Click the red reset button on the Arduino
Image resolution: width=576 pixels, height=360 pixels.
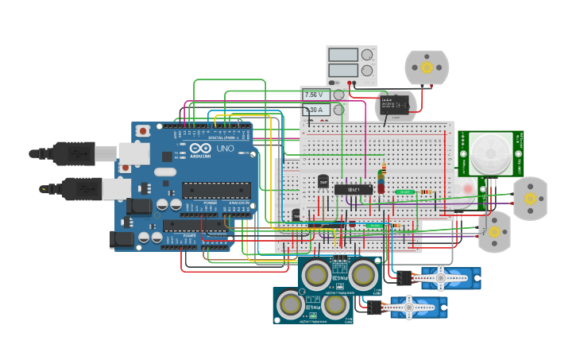pyautogui.click(x=143, y=131)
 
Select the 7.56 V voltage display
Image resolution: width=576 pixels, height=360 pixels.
pyautogui.click(x=315, y=95)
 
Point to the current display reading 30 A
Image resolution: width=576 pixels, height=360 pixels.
pyautogui.click(x=315, y=110)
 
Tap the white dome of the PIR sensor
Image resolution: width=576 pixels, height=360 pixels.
pyautogui.click(x=490, y=153)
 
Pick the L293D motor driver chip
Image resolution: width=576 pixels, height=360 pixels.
pyautogui.click(x=354, y=189)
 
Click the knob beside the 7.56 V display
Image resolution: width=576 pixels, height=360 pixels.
pyautogui.click(x=339, y=95)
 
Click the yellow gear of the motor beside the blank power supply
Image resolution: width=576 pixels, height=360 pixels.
pyautogui.click(x=427, y=68)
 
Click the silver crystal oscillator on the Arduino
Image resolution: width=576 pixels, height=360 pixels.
pyautogui.click(x=164, y=172)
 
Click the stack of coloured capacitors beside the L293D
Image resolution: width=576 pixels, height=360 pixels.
pyautogui.click(x=383, y=180)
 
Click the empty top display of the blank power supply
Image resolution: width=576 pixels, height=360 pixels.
pyautogui.click(x=343, y=55)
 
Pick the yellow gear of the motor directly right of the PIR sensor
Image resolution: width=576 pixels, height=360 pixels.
pyautogui.click(x=529, y=198)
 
